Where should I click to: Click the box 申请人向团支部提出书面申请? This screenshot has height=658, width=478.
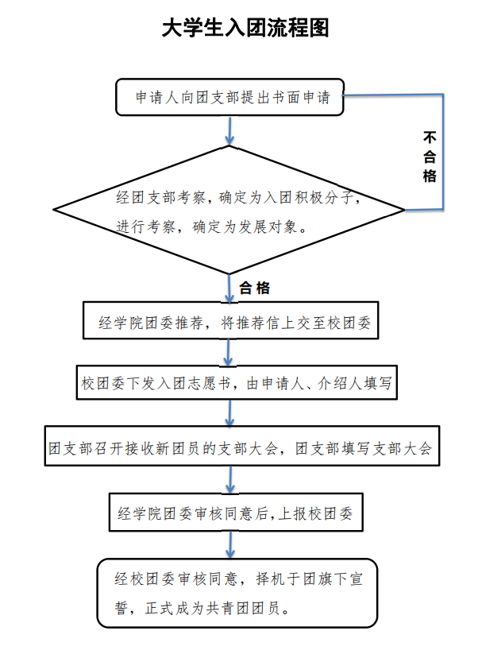tap(229, 99)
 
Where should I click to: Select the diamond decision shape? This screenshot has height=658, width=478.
tap(229, 210)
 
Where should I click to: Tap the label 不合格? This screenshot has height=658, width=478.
tap(430, 156)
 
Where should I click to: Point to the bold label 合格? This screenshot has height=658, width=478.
tap(255, 288)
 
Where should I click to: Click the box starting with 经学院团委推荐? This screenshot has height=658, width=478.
tap(232, 321)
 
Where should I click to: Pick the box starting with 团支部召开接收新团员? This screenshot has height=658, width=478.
tap(239, 448)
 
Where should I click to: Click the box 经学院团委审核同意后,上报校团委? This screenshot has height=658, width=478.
tap(235, 513)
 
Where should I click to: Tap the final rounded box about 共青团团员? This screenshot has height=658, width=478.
tap(237, 593)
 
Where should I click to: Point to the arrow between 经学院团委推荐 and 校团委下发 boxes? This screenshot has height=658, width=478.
tap(230, 352)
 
